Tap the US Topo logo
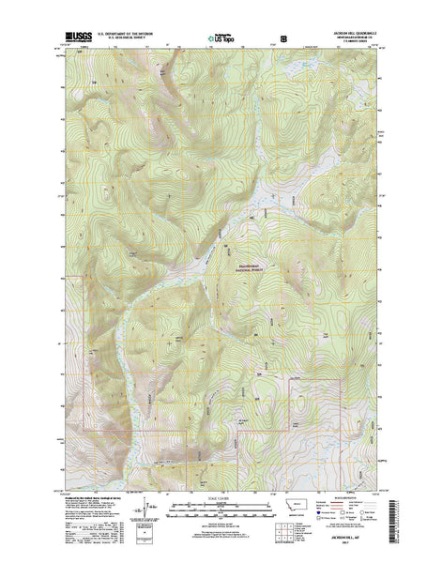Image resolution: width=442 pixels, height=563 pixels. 221,38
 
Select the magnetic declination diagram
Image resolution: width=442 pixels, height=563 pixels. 141,511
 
